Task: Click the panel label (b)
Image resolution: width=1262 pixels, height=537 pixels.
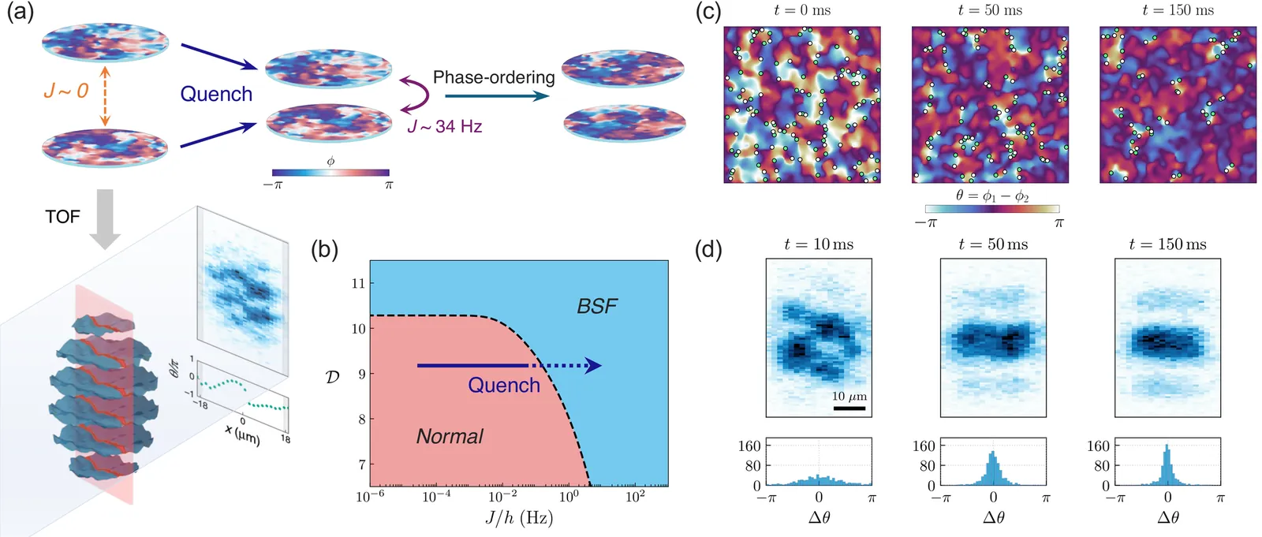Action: [x=324, y=249]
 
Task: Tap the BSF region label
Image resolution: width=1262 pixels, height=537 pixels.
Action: [x=597, y=306]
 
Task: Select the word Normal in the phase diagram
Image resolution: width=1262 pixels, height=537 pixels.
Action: [x=450, y=436]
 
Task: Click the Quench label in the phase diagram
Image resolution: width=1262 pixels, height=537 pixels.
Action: [x=503, y=385]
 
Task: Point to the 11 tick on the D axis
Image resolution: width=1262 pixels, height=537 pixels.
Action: [x=358, y=283]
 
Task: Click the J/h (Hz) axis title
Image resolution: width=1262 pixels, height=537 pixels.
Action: [x=519, y=518]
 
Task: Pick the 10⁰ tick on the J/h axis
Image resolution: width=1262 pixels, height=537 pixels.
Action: [x=568, y=497]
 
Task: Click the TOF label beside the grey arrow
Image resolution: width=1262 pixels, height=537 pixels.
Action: [x=62, y=216]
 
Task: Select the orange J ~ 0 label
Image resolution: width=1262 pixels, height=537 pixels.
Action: [x=65, y=91]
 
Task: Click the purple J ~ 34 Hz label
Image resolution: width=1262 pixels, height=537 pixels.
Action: [x=444, y=126]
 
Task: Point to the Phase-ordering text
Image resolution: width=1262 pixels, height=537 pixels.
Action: [x=494, y=77]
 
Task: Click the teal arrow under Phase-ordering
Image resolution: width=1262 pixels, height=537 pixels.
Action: [x=497, y=96]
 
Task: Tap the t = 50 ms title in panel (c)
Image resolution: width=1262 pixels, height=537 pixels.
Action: [x=990, y=10]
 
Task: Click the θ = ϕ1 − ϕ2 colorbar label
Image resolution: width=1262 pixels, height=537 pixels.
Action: [x=991, y=196]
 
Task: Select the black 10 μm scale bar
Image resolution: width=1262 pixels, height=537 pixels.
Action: [x=849, y=408]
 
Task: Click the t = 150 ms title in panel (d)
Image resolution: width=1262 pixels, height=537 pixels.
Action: [x=1167, y=244]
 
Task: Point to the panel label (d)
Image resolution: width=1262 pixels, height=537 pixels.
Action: [x=708, y=249]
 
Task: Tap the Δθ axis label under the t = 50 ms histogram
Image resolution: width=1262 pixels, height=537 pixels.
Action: [x=993, y=517]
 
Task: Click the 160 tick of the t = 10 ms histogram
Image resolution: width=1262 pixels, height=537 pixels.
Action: [x=749, y=446]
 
